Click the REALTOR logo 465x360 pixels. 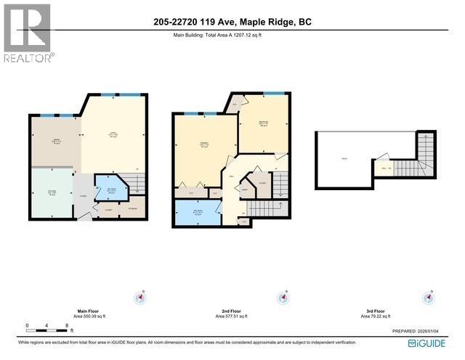[28, 33]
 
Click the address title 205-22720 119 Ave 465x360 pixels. [232, 22]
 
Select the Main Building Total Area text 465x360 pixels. [217, 36]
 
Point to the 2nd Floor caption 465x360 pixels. [231, 312]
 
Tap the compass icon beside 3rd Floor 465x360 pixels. [429, 298]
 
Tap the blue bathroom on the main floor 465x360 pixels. [111, 190]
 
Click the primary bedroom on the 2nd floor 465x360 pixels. [204, 148]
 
